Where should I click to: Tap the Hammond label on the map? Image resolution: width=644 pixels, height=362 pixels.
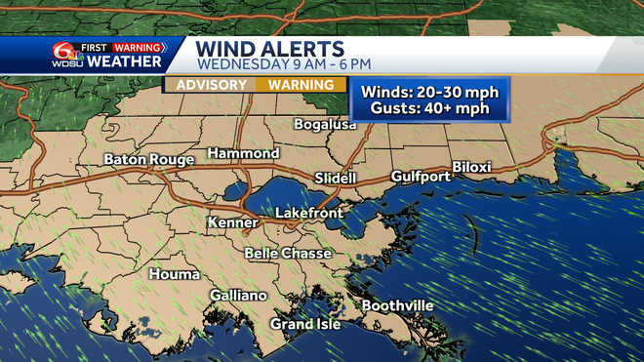click(243, 154)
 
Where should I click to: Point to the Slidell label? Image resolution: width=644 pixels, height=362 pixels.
click(336, 179)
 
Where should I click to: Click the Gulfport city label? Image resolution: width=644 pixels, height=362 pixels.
click(421, 177)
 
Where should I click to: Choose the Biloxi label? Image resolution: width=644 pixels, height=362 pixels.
click(471, 167)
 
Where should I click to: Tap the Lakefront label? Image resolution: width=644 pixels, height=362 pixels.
click(306, 212)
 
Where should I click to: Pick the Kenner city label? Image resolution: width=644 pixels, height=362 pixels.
click(232, 223)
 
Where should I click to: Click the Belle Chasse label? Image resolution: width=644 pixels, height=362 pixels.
click(288, 254)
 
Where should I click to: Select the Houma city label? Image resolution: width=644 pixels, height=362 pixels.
click(176, 274)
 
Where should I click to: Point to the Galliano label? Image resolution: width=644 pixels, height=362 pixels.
click(238, 296)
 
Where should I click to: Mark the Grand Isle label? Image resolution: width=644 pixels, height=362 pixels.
click(305, 324)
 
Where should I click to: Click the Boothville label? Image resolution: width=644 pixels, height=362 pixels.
click(398, 306)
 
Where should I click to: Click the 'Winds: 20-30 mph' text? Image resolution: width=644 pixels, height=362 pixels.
click(429, 93)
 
